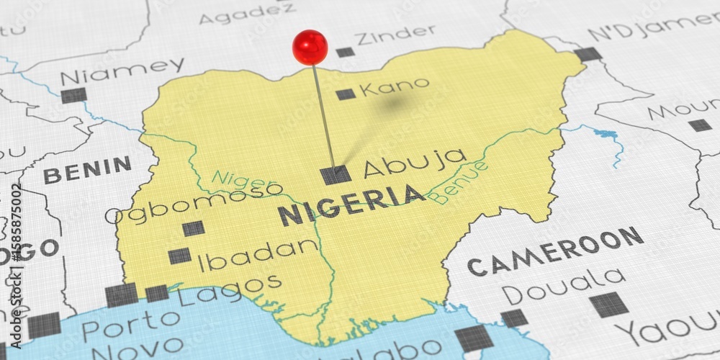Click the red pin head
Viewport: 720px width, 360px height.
pyautogui.click(x=310, y=46)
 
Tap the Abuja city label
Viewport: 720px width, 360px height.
pyautogui.click(x=414, y=164)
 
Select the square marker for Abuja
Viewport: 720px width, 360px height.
pyautogui.click(x=336, y=174)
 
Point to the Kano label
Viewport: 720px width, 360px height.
pyautogui.click(x=394, y=87)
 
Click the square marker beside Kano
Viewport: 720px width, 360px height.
pyautogui.click(x=346, y=94)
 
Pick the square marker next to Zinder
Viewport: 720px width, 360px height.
pyautogui.click(x=346, y=52)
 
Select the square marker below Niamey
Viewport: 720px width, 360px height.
pyautogui.click(x=73, y=95)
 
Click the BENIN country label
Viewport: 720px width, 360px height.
pyautogui.click(x=87, y=170)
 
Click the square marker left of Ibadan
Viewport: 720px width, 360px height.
pyautogui.click(x=179, y=256)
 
